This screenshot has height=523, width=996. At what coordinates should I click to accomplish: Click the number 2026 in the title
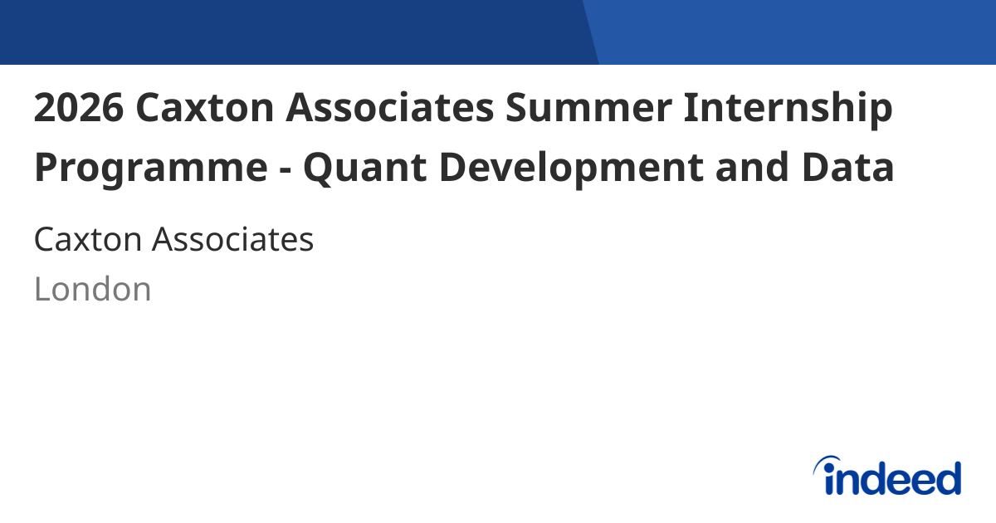click(x=78, y=108)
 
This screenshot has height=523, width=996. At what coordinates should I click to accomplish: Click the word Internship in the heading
click(x=788, y=110)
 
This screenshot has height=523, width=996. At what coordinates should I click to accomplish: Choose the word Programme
click(x=146, y=169)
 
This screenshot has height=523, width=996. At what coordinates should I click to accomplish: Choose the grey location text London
click(x=93, y=290)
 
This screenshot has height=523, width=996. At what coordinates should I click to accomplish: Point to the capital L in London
click(x=41, y=290)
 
